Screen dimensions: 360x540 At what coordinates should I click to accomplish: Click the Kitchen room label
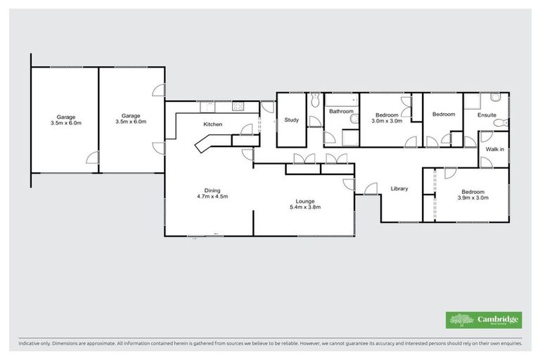coord(212,124)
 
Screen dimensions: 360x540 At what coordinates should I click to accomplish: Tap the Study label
coord(291,120)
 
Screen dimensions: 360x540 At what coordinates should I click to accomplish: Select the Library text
coord(399,188)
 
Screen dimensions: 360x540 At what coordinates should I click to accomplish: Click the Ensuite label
coord(487,115)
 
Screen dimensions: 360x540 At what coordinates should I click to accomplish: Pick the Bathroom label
coord(340,111)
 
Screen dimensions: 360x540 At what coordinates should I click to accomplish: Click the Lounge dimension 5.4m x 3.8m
coord(304,207)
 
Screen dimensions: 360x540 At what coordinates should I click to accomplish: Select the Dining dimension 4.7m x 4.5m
coord(212,196)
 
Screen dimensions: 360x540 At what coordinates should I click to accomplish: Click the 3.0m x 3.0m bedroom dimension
coord(387,120)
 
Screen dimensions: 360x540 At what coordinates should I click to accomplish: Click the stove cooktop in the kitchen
coord(238,107)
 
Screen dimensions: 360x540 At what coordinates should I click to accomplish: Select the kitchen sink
coord(208,107)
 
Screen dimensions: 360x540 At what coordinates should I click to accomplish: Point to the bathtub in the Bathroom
coord(343,98)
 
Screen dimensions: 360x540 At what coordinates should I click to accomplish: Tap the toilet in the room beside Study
coord(316,98)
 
